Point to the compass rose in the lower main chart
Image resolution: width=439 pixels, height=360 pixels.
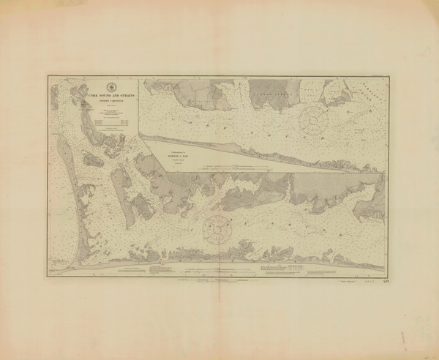click(219, 228)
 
